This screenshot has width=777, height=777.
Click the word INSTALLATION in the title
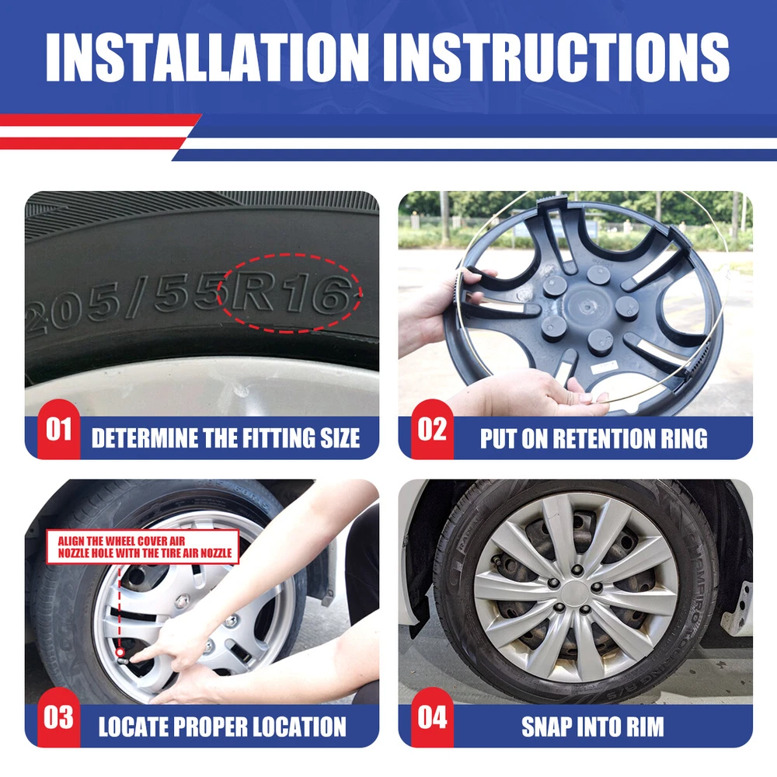coord(207,57)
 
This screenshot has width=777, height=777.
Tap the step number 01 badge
coord(58,429)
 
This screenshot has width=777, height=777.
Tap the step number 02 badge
coord(431,429)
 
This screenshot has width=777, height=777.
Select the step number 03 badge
coord(58,717)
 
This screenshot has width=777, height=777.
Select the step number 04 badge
coord(431,717)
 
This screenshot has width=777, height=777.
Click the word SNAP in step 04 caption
coord(545,727)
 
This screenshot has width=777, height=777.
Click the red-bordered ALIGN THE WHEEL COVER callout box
coord(143,546)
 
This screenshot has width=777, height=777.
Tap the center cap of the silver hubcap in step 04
coord(574,593)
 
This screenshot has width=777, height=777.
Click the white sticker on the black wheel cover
coord(605,368)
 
